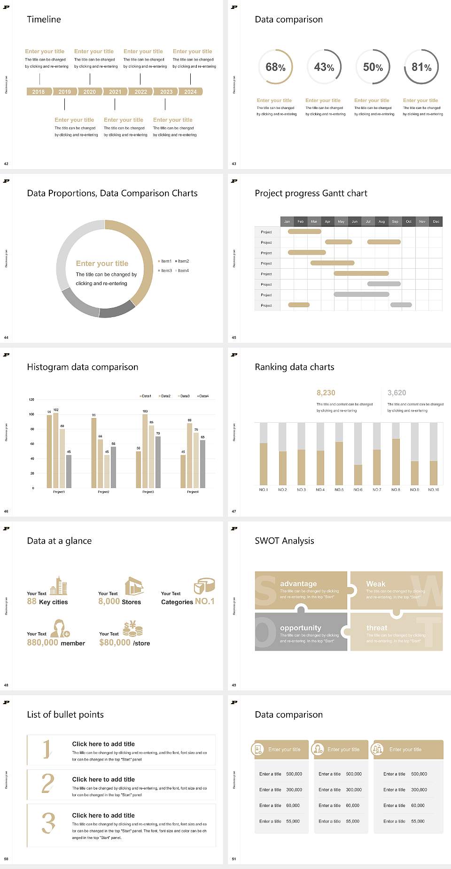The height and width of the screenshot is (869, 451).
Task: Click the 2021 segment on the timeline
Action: pyautogui.click(x=115, y=92)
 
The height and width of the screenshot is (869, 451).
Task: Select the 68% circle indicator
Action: pyautogui.click(x=275, y=67)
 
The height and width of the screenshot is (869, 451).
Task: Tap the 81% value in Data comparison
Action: pyautogui.click(x=421, y=67)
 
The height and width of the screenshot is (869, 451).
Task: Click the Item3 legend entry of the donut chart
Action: pyautogui.click(x=165, y=271)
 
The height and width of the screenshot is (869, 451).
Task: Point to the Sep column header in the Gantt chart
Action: pyautogui.click(x=395, y=221)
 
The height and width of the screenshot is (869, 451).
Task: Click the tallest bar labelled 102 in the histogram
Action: pyautogui.click(x=56, y=449)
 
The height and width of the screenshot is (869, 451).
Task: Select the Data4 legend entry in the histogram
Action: pyautogui.click(x=203, y=396)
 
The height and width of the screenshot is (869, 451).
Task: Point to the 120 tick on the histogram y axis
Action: pyautogui.click(x=31, y=400)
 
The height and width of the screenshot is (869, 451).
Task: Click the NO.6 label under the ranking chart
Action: pyautogui.click(x=358, y=489)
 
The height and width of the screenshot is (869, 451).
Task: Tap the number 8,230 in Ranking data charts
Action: pyautogui.click(x=326, y=393)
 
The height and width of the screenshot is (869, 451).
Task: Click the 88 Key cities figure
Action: pyautogui.click(x=47, y=602)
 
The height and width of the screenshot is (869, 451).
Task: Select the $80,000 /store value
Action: pyautogui.click(x=124, y=643)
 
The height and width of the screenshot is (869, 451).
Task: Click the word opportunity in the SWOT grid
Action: pyautogui.click(x=301, y=628)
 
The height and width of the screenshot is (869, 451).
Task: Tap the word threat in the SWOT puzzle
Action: pyautogui.click(x=377, y=628)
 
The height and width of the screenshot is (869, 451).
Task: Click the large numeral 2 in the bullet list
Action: pyautogui.click(x=48, y=783)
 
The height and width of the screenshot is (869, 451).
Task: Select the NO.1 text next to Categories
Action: pyautogui.click(x=205, y=601)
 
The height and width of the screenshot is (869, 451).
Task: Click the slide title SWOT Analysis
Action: pyautogui.click(x=284, y=541)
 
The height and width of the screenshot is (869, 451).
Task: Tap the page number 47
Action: pyautogui.click(x=234, y=511)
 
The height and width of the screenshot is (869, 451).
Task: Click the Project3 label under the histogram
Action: pyautogui.click(x=148, y=492)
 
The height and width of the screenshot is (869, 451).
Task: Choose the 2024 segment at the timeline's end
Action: pyautogui.click(x=191, y=92)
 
